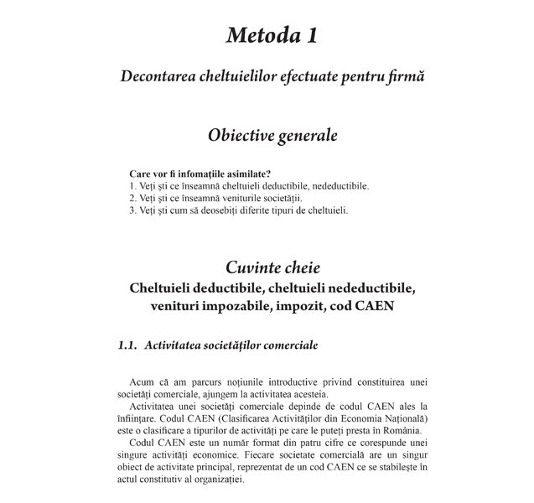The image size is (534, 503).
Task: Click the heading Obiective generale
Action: pyautogui.click(x=272, y=134)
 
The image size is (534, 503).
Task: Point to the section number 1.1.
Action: pyautogui.click(x=127, y=345)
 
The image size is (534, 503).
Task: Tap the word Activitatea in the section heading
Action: pyautogui.click(x=174, y=345)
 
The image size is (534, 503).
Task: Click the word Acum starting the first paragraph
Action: pyautogui.click(x=144, y=382)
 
